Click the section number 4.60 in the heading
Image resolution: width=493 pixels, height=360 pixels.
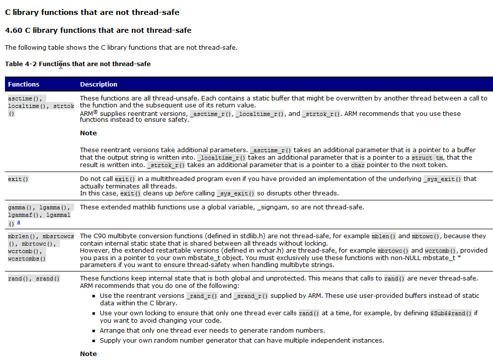tap(14, 30)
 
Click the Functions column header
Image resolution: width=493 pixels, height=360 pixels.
tap(23, 85)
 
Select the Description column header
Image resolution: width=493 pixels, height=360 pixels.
tap(98, 85)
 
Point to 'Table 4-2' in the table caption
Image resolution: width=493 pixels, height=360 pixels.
tap(20, 64)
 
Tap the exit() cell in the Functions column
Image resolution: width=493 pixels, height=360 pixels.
tap(15, 179)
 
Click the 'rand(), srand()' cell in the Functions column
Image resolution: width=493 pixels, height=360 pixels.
tap(34, 278)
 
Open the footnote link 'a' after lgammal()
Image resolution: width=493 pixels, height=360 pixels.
tap(18, 223)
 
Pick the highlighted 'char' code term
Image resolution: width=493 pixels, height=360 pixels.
tap(357, 165)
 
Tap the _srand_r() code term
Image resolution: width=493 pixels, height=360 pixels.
tap(251, 296)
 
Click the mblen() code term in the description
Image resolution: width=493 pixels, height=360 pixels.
tap(384, 236)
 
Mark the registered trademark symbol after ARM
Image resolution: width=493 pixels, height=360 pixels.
tap(95, 112)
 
